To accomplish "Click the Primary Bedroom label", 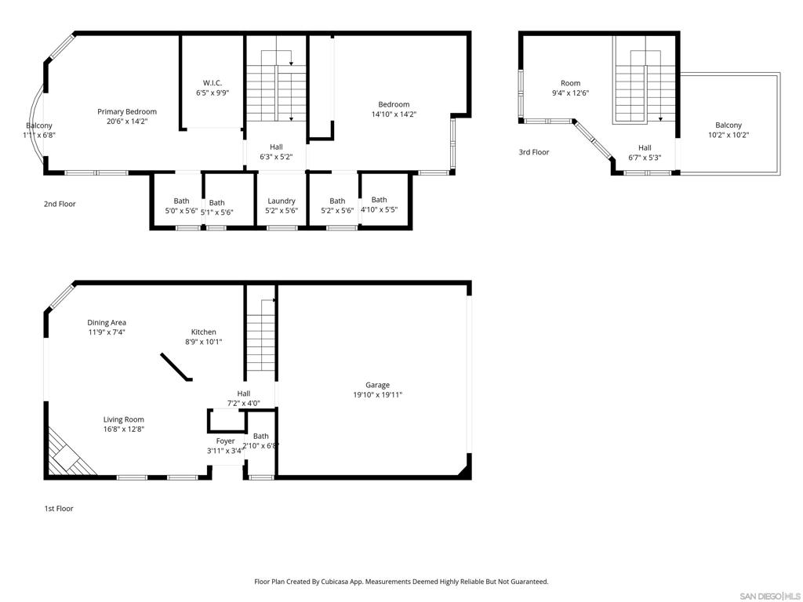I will click(x=126, y=111).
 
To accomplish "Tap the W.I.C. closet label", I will click(x=212, y=82).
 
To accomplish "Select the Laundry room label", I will click(x=281, y=201).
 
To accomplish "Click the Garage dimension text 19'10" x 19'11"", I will click(x=377, y=395).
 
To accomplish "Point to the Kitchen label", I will click(x=203, y=332).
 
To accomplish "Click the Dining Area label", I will click(x=107, y=322).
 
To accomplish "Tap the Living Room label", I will click(x=123, y=419).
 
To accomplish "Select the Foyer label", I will click(x=225, y=441).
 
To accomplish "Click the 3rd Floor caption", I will click(x=533, y=152).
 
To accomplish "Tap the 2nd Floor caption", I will click(x=60, y=204).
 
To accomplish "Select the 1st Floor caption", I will click(x=58, y=509).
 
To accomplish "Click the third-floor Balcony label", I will click(x=728, y=125).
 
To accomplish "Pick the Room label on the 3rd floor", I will click(x=570, y=83).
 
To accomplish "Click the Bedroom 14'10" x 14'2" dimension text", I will click(x=394, y=114).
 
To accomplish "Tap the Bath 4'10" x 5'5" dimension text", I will click(x=379, y=210).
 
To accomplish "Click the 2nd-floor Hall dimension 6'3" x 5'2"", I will click(x=276, y=157).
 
